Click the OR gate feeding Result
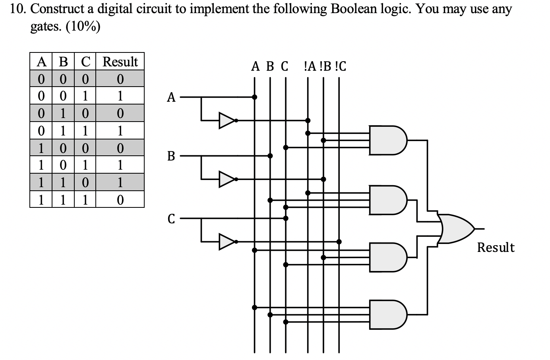coord(457,229)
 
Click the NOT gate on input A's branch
coord(227,120)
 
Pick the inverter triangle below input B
coord(227,179)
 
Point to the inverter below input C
coord(227,241)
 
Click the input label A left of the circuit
coord(171,97)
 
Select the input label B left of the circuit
coord(171,156)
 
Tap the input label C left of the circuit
coord(171,219)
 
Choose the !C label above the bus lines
coord(341,66)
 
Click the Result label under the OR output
coord(496,248)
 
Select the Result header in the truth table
coord(120,62)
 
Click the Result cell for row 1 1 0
coord(120,182)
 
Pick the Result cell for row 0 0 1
coord(120,96)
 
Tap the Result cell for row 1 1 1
coord(120,199)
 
